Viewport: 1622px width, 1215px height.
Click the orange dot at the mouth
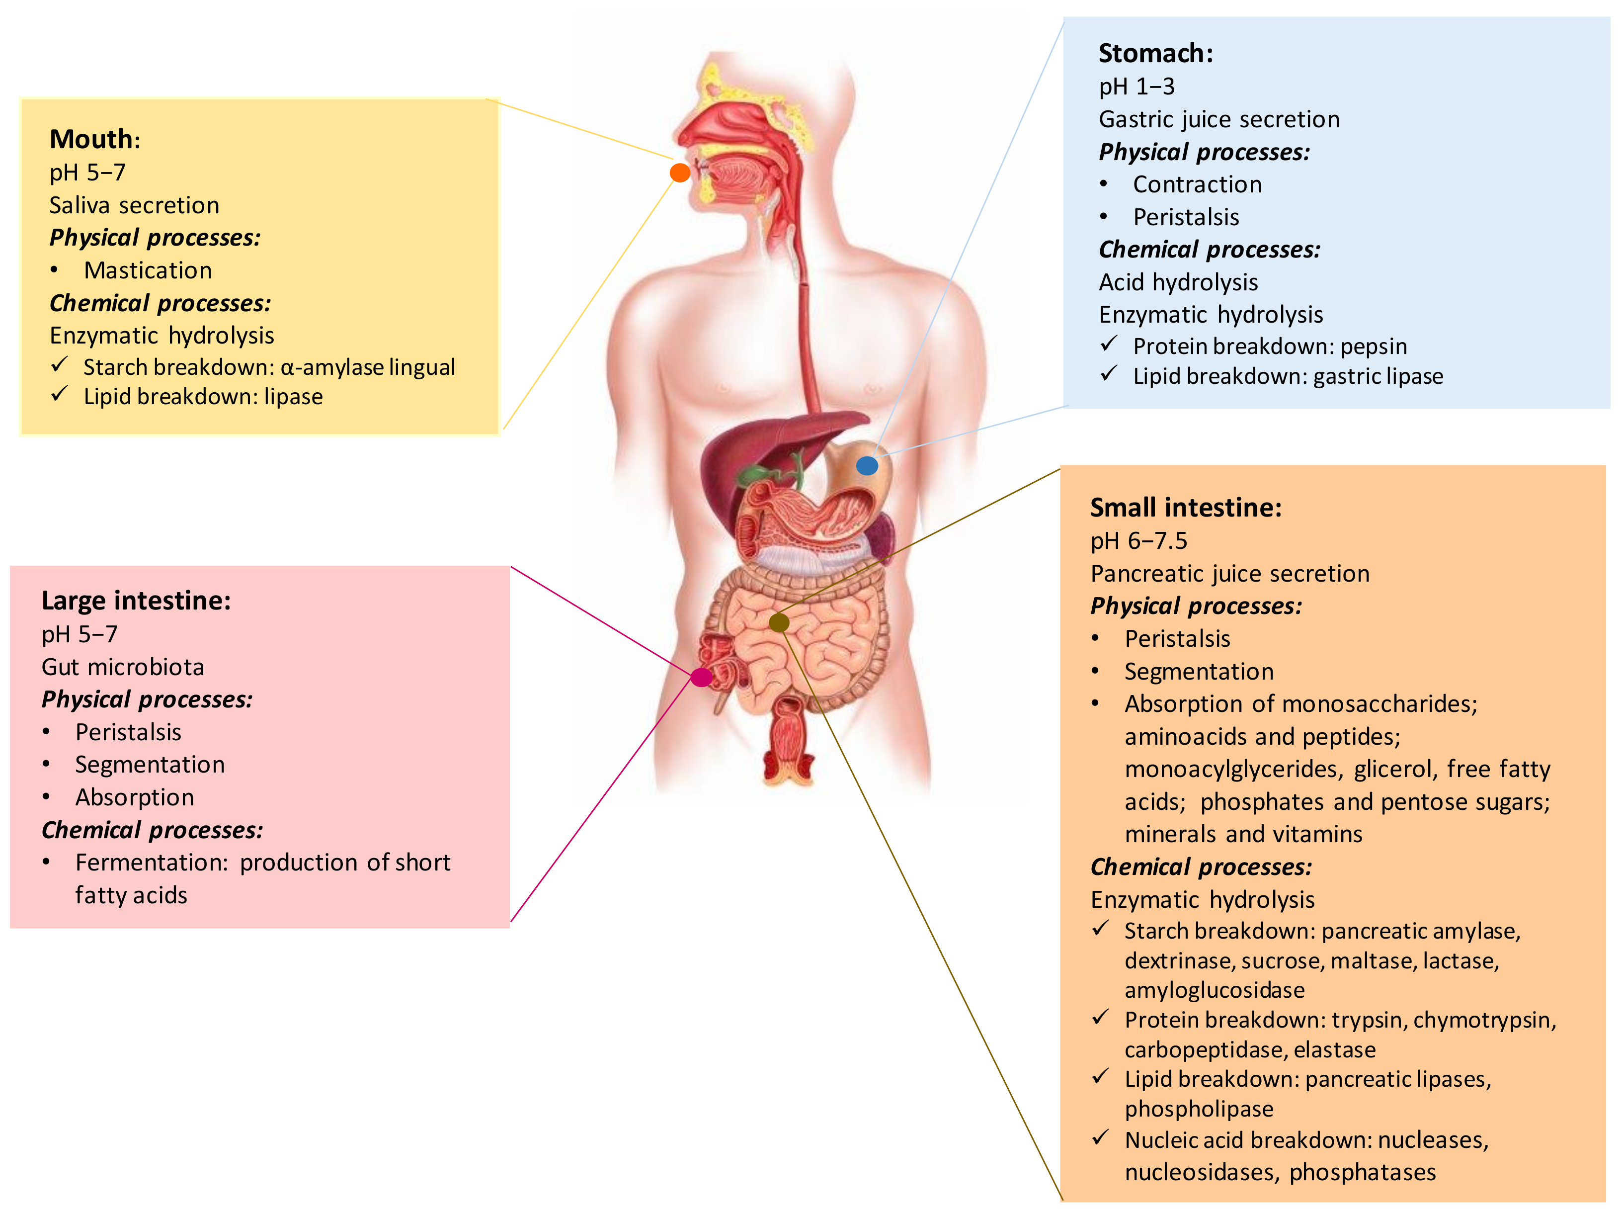click(x=680, y=173)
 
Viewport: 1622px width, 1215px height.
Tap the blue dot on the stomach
click(x=867, y=465)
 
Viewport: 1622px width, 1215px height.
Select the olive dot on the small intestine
click(x=779, y=623)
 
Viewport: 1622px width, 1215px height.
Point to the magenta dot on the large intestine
click(x=701, y=677)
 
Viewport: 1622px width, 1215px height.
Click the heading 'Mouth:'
click(x=94, y=139)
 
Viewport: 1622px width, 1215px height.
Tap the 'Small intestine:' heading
click(x=1186, y=508)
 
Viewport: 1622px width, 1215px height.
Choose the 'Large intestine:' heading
click(x=136, y=601)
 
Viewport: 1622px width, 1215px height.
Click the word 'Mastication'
click(x=148, y=271)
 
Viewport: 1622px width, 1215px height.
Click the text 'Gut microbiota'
click(x=122, y=667)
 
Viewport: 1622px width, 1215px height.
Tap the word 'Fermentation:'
click(x=152, y=863)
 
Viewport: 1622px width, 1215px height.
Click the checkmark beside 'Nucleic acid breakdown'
click(x=1100, y=1138)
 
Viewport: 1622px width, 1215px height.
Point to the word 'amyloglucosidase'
click(x=1215, y=990)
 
